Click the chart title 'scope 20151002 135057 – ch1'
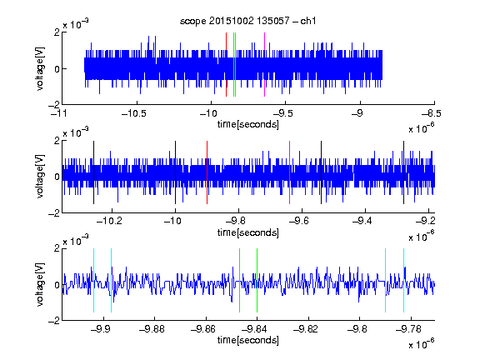coord(248,21)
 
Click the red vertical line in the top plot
coord(226,65)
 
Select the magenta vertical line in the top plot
coord(264,65)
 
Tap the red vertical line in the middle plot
coord(207,172)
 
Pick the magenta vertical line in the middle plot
coord(290,172)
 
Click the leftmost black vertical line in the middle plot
coord(93,172)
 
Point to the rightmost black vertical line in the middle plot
coord(403,172)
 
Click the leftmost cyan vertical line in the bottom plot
coord(93,280)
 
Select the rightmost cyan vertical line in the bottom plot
coord(403,280)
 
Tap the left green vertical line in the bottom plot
coord(239,280)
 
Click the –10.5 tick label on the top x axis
coord(134,113)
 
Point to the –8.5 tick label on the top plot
coord(432,113)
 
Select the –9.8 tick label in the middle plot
coord(239,220)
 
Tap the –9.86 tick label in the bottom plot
coord(203,329)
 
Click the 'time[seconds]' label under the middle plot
coord(248,232)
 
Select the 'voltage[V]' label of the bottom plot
coord(40,284)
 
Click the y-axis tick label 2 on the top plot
coord(57,32)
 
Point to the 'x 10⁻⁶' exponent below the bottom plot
coord(422,344)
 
